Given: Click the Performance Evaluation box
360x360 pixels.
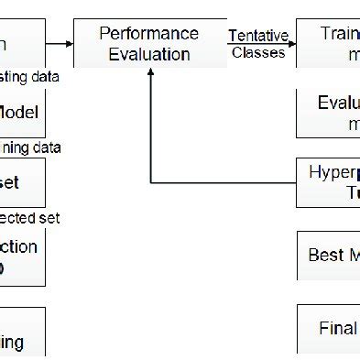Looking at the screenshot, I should tap(149, 44).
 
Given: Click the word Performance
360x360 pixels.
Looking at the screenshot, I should tap(149, 34).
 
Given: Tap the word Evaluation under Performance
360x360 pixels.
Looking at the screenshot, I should tap(149, 54).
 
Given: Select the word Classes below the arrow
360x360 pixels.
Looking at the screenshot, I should tap(258, 53).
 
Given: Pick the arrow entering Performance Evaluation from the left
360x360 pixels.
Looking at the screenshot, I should tap(60, 42).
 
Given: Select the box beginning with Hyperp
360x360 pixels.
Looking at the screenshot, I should tap(328, 181).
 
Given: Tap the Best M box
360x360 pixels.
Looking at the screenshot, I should tap(328, 255).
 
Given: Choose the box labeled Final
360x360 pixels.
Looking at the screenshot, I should tap(328, 328).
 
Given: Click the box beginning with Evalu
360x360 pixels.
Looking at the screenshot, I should tap(328, 112).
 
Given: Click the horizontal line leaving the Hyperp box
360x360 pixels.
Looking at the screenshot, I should tap(224, 180).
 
